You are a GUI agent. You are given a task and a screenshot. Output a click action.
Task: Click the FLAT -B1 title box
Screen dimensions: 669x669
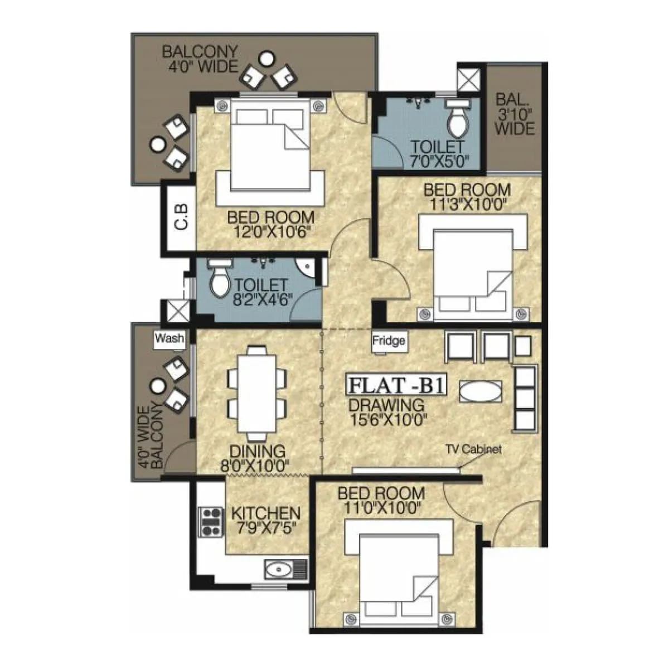[396, 386]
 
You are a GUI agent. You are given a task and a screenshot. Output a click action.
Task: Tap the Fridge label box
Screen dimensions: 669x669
[389, 341]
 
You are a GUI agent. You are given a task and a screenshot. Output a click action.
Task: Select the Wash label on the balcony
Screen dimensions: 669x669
[169, 338]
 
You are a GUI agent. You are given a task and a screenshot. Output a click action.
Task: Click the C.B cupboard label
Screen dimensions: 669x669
[181, 217]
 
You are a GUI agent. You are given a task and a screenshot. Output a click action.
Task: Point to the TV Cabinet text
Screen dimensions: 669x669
[473, 449]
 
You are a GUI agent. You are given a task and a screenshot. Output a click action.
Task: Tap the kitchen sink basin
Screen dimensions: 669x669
[277, 570]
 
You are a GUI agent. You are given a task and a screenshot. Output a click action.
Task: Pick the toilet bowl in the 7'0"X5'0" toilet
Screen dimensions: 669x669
[459, 122]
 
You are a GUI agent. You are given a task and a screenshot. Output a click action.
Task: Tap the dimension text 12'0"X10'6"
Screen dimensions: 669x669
[270, 231]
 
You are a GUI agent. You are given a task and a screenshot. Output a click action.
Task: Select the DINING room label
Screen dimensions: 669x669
[258, 451]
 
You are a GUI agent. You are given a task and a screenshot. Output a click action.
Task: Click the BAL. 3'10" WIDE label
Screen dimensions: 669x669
[514, 114]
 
